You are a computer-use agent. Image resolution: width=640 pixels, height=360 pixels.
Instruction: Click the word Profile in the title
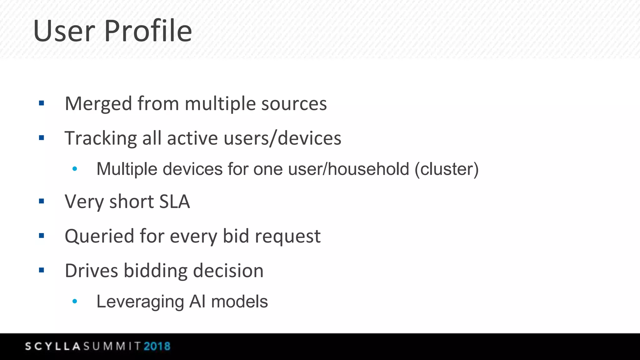point(148,31)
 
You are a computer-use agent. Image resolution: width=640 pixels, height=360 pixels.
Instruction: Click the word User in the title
point(64,31)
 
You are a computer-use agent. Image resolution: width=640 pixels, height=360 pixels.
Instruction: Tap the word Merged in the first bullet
point(98,104)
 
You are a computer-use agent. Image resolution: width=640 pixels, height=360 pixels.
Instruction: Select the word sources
point(294,104)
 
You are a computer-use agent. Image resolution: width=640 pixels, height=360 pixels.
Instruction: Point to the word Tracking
point(101,138)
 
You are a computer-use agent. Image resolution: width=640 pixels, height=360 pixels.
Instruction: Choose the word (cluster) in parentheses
point(447,169)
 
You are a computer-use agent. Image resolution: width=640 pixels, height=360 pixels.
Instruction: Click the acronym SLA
point(174,202)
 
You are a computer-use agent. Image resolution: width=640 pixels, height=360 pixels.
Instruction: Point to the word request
point(287,237)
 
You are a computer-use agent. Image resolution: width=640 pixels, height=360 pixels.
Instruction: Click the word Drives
point(91,271)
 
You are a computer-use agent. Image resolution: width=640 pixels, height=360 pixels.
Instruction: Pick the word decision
point(228,271)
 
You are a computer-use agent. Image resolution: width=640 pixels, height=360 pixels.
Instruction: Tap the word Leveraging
point(140,302)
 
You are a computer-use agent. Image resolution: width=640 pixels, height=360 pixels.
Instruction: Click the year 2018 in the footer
point(157,346)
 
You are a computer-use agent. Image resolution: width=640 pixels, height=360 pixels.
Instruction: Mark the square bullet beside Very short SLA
point(42,201)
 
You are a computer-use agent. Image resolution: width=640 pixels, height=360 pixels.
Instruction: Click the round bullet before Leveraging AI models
point(75,302)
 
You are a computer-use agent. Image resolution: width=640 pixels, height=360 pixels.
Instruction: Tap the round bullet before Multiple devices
point(75,169)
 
